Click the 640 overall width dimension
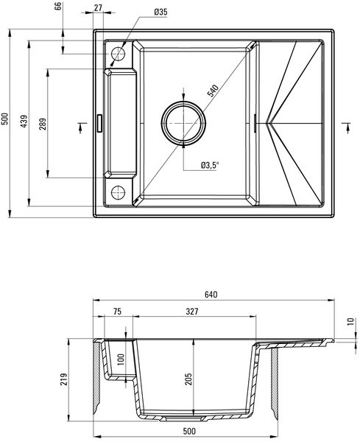(x=211, y=294)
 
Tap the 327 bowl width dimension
(x=192, y=311)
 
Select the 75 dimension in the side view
(x=117, y=311)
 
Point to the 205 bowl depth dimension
(x=188, y=379)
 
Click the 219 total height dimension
(x=64, y=379)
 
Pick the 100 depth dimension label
(x=121, y=359)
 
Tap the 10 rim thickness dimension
(x=350, y=321)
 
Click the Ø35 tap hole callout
(x=160, y=12)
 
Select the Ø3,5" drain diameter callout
(x=210, y=166)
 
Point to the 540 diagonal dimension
(x=213, y=91)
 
